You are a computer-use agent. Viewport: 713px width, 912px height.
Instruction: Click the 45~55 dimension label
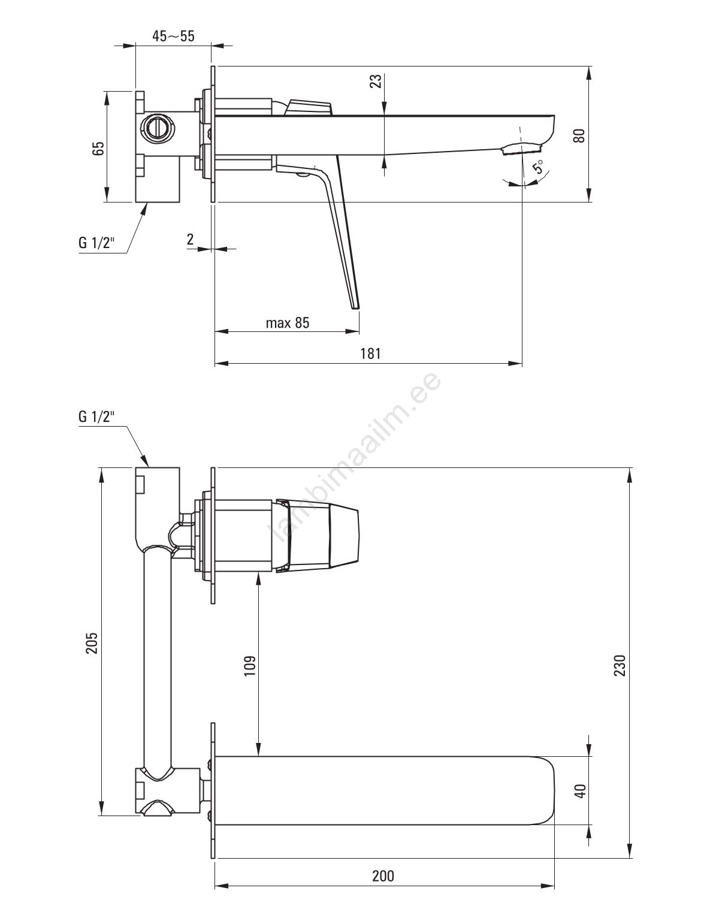coord(173,36)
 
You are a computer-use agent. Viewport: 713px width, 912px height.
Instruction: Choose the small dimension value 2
coord(191,239)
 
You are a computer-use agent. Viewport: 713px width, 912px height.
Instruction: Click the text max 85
coord(288,323)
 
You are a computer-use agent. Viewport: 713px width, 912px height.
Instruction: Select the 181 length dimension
coord(370,354)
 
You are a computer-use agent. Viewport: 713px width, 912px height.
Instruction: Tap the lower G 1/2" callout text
coord(96,416)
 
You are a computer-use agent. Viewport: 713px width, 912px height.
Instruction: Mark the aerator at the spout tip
coord(521,148)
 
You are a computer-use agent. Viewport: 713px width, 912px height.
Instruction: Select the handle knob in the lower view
coord(318,536)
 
